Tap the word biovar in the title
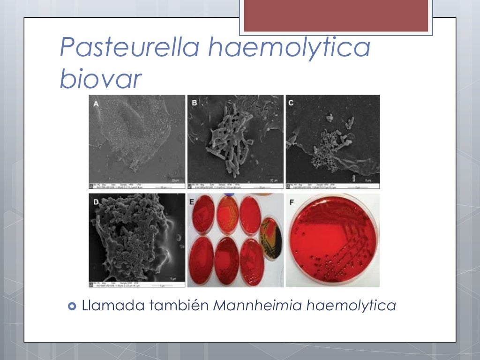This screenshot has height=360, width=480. [100, 79]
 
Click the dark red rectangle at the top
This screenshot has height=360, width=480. [336, 15]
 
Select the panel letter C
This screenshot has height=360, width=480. [291, 103]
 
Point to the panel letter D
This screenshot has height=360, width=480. [97, 202]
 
